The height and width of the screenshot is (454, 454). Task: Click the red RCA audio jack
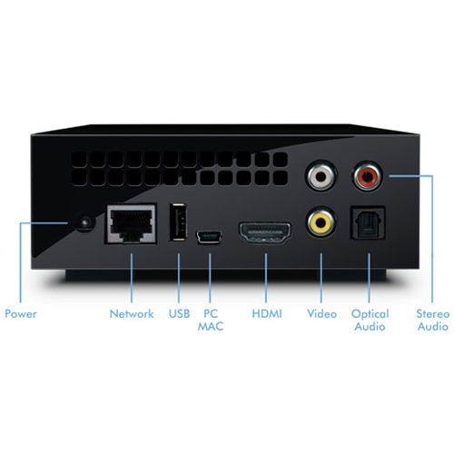[368, 176]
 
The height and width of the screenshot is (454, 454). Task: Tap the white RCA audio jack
[321, 175]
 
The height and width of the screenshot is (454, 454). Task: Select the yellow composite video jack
[321, 222]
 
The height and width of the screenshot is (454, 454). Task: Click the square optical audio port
[368, 222]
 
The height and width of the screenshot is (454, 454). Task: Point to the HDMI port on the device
[265, 232]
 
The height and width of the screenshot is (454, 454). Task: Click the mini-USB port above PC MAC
[209, 237]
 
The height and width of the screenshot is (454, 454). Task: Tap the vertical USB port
[178, 222]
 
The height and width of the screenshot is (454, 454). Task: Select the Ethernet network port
[131, 223]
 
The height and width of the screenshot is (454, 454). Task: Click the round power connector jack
[85, 222]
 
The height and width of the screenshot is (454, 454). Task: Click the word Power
[21, 314]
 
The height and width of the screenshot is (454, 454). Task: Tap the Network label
[132, 314]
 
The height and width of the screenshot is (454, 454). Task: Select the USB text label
[179, 314]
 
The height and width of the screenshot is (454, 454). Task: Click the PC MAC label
[211, 320]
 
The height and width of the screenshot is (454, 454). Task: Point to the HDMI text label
[267, 314]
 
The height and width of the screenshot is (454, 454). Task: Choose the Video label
[321, 314]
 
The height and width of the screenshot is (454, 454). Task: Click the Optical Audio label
[370, 320]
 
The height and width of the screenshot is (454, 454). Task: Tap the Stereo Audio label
[433, 320]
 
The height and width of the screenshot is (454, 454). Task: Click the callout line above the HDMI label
[266, 278]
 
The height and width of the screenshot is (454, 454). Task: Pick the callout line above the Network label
[132, 278]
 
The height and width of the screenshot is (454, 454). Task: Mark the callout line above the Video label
[321, 278]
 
